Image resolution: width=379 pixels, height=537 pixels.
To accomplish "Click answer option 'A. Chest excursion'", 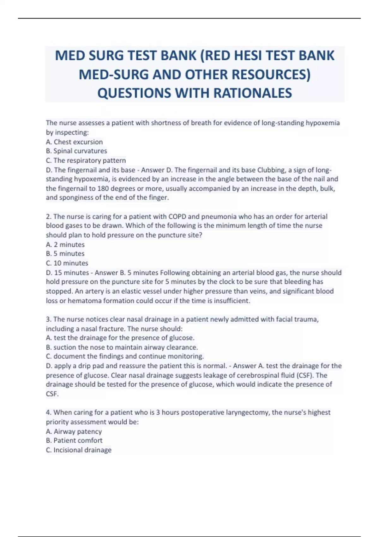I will tap(74, 142).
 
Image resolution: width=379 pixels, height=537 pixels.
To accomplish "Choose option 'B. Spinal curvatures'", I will tap(76, 151).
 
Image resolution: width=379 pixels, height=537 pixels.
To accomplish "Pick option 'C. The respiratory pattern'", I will tap(86, 160).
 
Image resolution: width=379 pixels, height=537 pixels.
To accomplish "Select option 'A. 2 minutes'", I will tap(65, 244).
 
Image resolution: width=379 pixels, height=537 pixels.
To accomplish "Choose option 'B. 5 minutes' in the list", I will tap(65, 254).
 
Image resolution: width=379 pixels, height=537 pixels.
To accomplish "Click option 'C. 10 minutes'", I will tap(67, 263).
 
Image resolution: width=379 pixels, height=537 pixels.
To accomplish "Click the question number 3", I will tap(48, 319).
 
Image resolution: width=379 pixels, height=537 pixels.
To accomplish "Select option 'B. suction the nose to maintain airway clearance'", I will tap(122, 347).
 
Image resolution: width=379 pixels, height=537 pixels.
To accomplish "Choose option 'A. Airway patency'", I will tap(74, 431).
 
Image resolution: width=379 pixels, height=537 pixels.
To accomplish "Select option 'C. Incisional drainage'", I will tap(79, 450).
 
